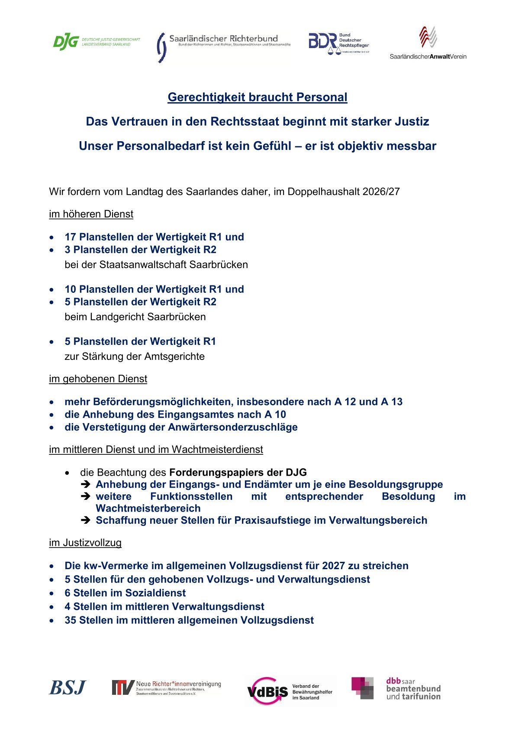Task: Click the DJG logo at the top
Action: (x=96, y=42)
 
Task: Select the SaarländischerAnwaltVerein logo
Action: (x=428, y=43)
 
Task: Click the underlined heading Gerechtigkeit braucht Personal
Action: (x=257, y=97)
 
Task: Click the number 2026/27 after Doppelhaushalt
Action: (x=381, y=192)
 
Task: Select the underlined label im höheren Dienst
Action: (x=91, y=214)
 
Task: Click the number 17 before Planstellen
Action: (x=70, y=237)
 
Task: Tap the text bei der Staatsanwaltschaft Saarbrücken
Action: (x=156, y=265)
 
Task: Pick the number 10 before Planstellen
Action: (x=70, y=289)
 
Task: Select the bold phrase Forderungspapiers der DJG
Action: (x=238, y=473)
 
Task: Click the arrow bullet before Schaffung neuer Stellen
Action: (x=85, y=520)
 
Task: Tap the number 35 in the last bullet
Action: (x=70, y=621)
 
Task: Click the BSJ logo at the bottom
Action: (x=68, y=687)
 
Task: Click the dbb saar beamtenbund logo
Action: (x=396, y=688)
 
